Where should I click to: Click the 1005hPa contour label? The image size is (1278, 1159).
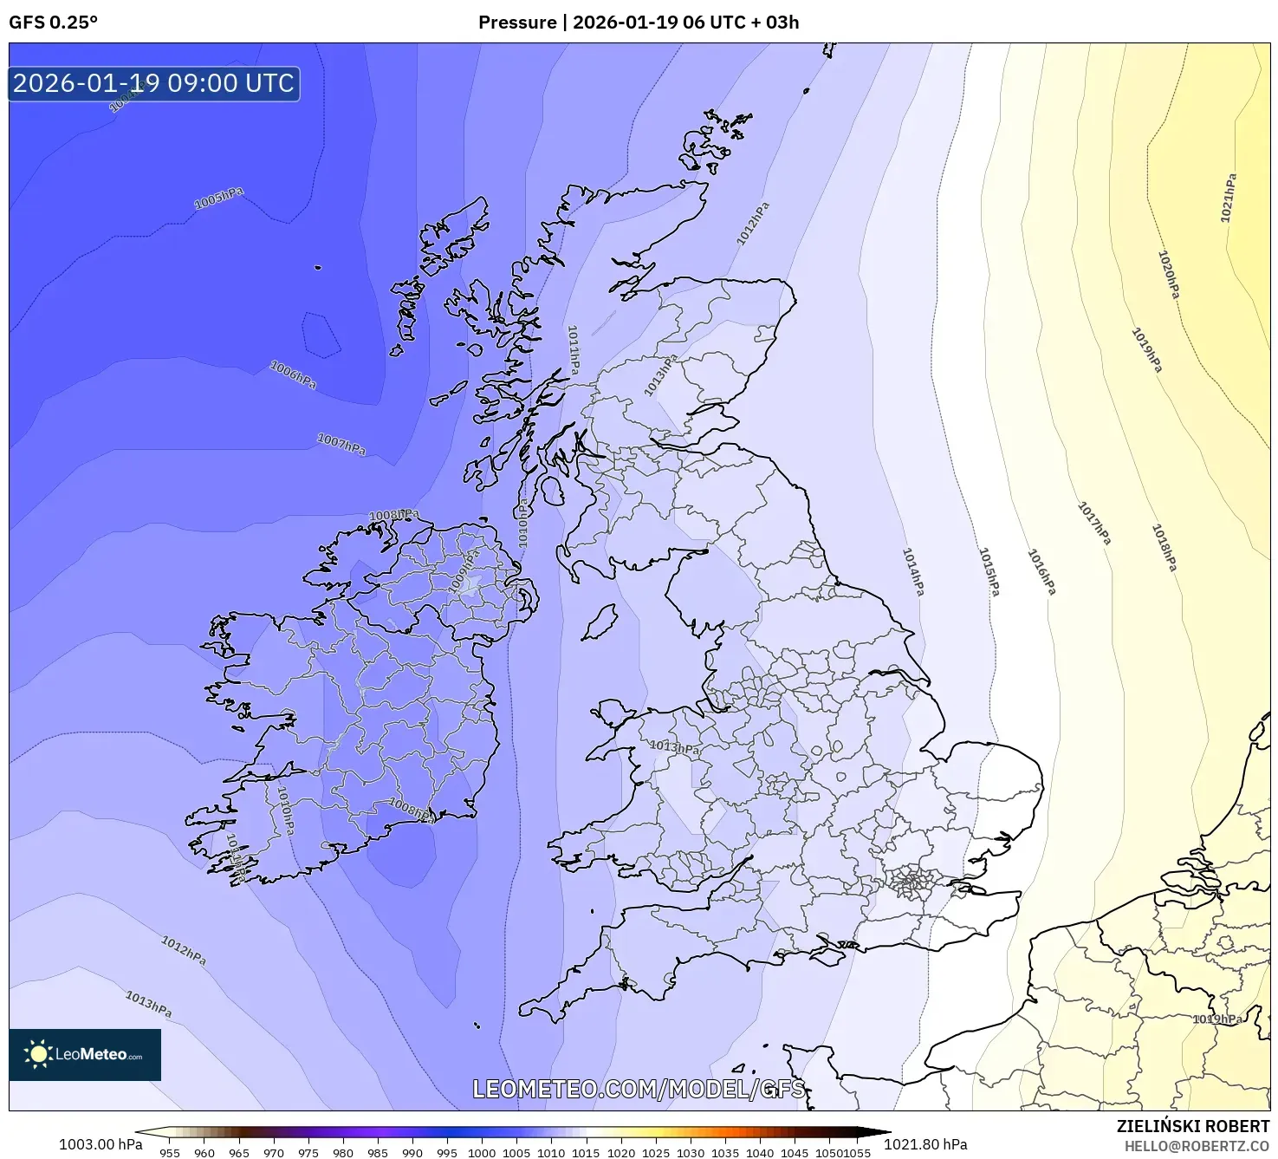pyautogui.click(x=218, y=199)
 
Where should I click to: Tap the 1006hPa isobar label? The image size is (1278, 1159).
pyautogui.click(x=293, y=374)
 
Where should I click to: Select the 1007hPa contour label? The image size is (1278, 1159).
pyautogui.click(x=341, y=445)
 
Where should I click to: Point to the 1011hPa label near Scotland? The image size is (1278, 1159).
pyautogui.click(x=573, y=349)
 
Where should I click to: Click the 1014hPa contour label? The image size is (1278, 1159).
pyautogui.click(x=913, y=571)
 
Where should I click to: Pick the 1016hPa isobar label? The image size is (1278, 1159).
pyautogui.click(x=1041, y=571)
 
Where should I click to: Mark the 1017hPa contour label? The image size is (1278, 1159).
pyautogui.click(x=1093, y=523)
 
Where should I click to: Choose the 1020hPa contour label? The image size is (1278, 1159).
pyautogui.click(x=1169, y=274)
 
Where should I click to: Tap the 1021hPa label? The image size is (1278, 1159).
pyautogui.click(x=1228, y=199)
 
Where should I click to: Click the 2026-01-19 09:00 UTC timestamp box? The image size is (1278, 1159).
pyautogui.click(x=154, y=83)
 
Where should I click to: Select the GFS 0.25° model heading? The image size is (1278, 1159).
pyautogui.click(x=53, y=23)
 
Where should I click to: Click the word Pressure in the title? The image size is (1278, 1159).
pyautogui.click(x=517, y=23)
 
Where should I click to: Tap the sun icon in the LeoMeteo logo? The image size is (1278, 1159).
pyautogui.click(x=38, y=1054)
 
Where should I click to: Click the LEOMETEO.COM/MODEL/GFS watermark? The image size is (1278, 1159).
pyautogui.click(x=639, y=1089)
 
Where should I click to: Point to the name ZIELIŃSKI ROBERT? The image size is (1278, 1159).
pyautogui.click(x=1193, y=1126)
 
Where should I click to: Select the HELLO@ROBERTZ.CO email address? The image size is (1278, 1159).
pyautogui.click(x=1197, y=1146)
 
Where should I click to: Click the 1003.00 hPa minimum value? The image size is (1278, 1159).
pyautogui.click(x=101, y=1144)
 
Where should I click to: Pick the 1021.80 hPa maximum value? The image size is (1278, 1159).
pyautogui.click(x=925, y=1144)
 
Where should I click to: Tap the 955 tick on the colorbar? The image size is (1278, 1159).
pyautogui.click(x=170, y=1152)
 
